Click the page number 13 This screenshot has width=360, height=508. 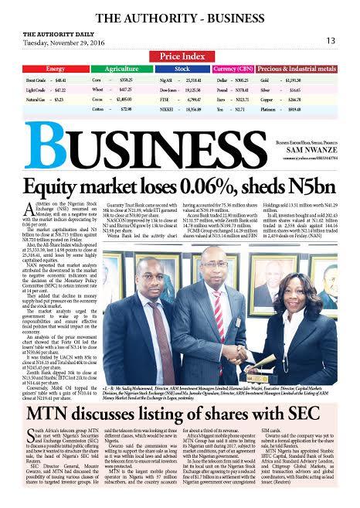(x=331, y=40)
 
